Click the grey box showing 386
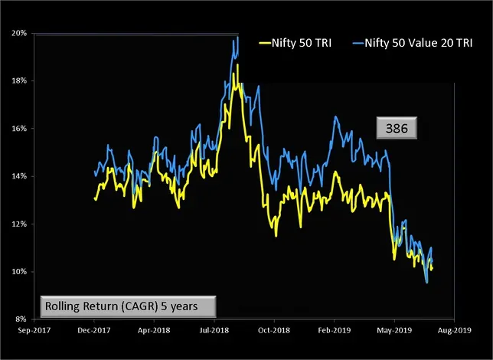pyautogui.click(x=396, y=129)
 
